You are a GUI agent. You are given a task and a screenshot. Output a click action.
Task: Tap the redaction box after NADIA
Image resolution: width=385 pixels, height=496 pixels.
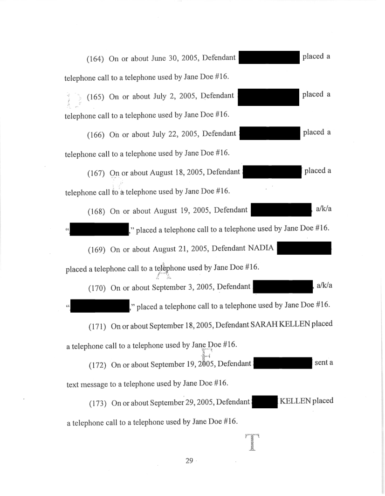303,248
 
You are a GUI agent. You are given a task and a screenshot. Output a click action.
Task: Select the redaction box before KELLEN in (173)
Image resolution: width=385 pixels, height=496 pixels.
264,401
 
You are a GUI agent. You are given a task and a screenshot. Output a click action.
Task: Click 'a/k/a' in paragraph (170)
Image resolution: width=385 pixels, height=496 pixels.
323,286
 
